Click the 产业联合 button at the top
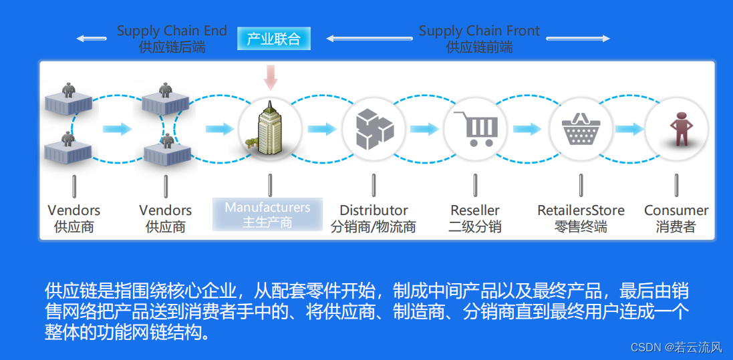pos(273,39)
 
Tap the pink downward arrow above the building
pos(270,77)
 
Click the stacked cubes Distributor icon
pos(373,128)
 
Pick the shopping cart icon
pos(475,128)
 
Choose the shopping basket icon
pos(580,128)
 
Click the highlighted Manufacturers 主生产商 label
pos(267,214)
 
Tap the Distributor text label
pos(374,210)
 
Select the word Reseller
pos(475,210)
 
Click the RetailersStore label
pos(581,210)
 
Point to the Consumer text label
pos(676,210)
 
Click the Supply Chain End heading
pos(172,31)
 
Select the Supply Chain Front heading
pos(479,31)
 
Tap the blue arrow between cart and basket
pos(527,129)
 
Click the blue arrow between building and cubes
pos(321,129)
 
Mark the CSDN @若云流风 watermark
pos(676,347)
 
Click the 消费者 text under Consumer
pos(676,227)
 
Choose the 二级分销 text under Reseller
pos(475,227)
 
